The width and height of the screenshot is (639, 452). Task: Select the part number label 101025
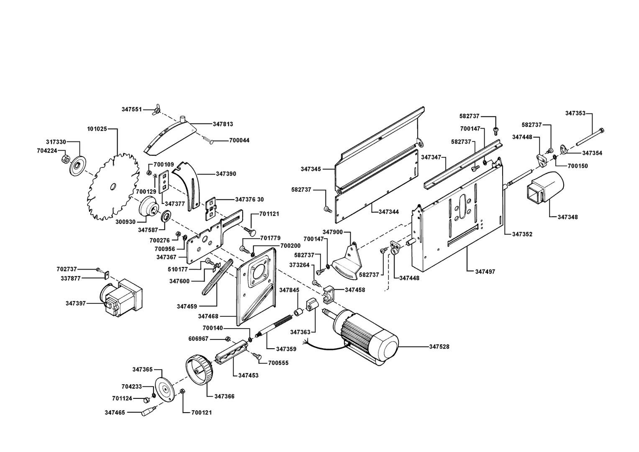point(97,128)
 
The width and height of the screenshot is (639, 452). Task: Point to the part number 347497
point(485,272)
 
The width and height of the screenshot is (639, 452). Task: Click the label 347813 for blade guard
point(223,124)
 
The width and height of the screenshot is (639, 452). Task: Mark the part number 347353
point(575,113)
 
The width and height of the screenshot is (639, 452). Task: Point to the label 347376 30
point(249,199)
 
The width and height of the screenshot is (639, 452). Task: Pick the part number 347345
point(311,169)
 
